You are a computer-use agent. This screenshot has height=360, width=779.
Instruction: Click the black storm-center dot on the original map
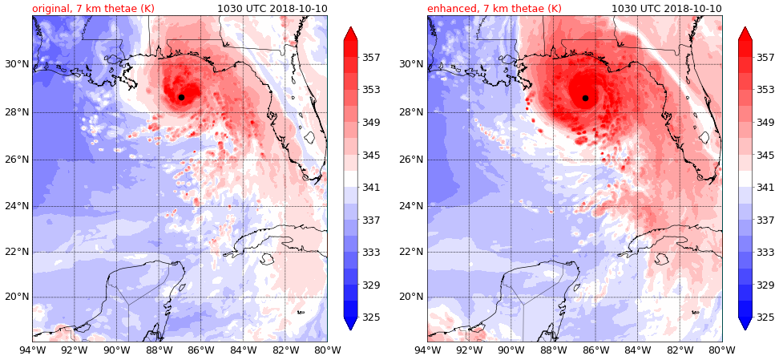(x=181, y=97)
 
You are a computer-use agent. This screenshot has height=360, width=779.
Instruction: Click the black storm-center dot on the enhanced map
(x=585, y=98)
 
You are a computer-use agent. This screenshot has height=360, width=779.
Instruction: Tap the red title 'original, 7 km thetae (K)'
(x=93, y=9)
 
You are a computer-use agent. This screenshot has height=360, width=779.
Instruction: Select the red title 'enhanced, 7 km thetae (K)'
(x=494, y=9)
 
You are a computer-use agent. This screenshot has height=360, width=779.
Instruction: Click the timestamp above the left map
(x=272, y=9)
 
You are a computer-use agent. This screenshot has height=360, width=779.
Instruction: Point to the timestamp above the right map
(x=666, y=9)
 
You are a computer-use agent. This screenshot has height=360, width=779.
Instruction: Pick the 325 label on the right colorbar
(x=765, y=318)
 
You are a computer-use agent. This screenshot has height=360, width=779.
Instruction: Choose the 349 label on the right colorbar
(x=765, y=123)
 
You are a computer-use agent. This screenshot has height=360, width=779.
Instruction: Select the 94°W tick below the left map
(x=32, y=350)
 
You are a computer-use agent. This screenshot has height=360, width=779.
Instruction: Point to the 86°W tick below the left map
(x=200, y=350)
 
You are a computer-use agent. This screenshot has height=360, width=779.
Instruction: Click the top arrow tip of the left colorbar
(x=350, y=27)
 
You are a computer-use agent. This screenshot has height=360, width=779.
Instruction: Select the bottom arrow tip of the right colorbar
(x=745, y=330)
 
